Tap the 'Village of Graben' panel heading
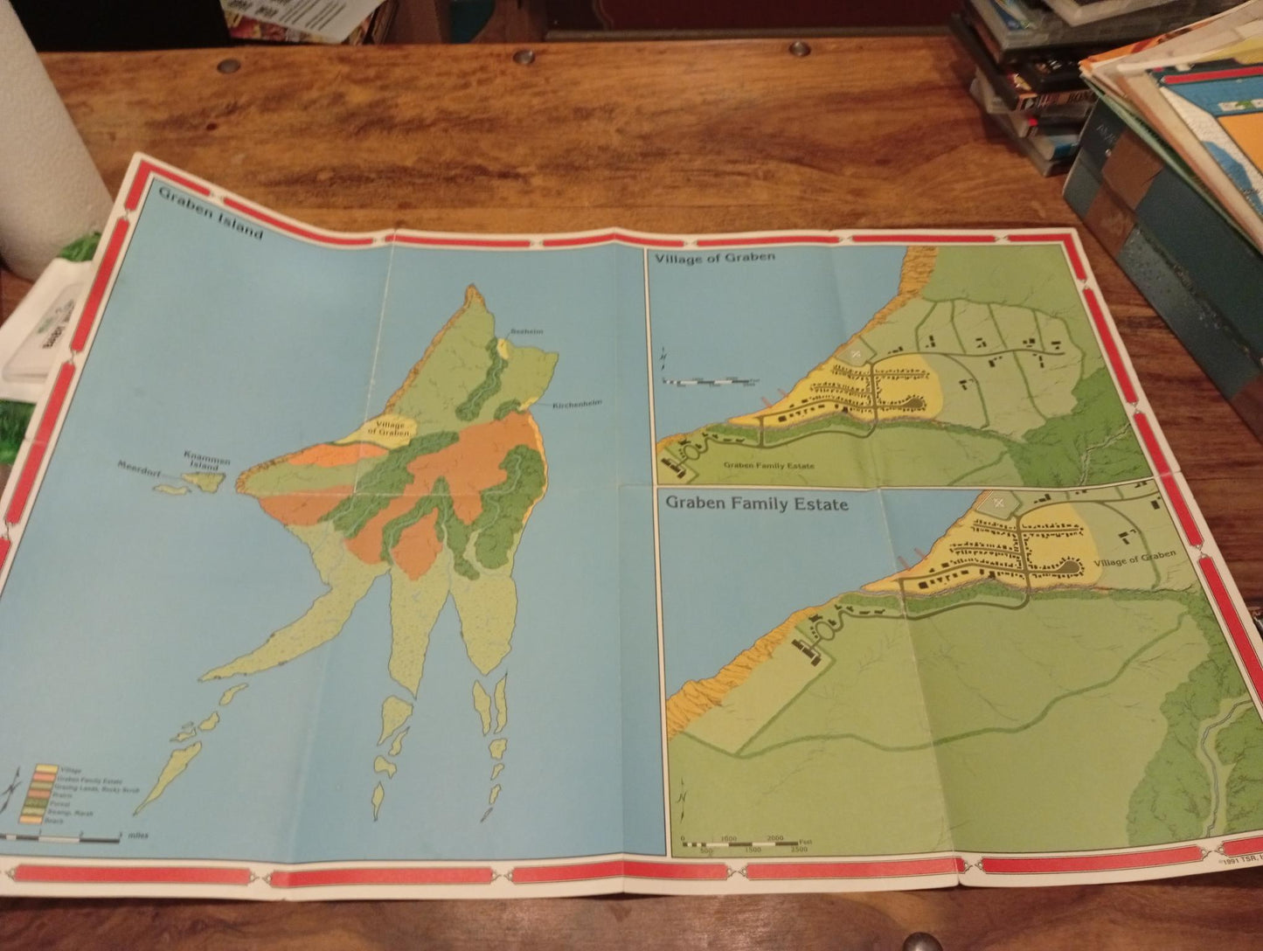pos(713,257)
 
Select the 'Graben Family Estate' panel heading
pos(756,503)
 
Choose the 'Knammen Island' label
pos(206,460)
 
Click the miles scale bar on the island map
pos(61,837)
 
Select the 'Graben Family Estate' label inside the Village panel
pos(769,466)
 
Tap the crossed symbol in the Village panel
pos(856,352)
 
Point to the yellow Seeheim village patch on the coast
pos(503,348)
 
